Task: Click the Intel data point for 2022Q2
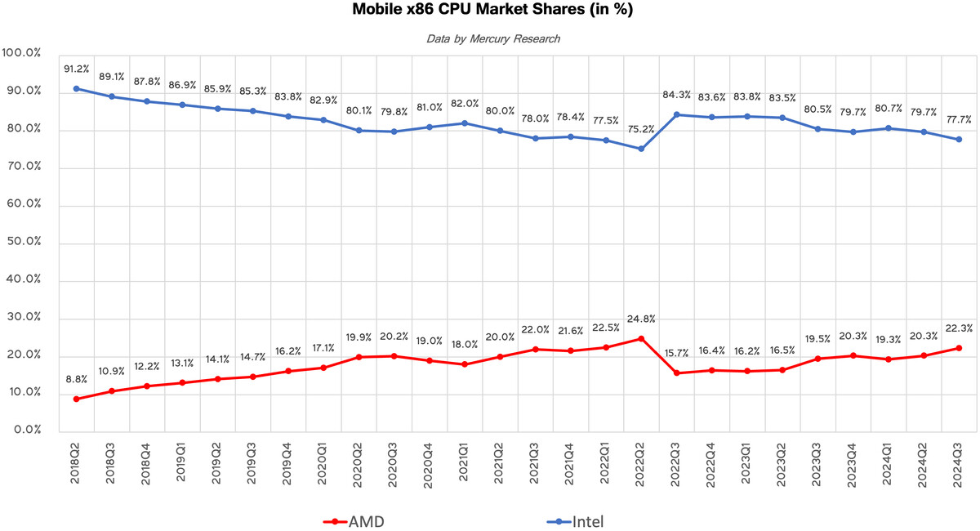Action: pos(641,149)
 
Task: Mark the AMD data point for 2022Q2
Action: pos(641,338)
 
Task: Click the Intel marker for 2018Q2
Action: pos(76,88)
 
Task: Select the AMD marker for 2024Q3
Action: pos(959,348)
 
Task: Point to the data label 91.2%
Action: pos(76,69)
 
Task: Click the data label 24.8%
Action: pos(641,319)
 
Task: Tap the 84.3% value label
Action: pos(676,96)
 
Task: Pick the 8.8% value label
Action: pos(76,379)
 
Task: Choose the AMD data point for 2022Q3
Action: pos(676,373)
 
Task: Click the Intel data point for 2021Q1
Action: pos(465,123)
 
